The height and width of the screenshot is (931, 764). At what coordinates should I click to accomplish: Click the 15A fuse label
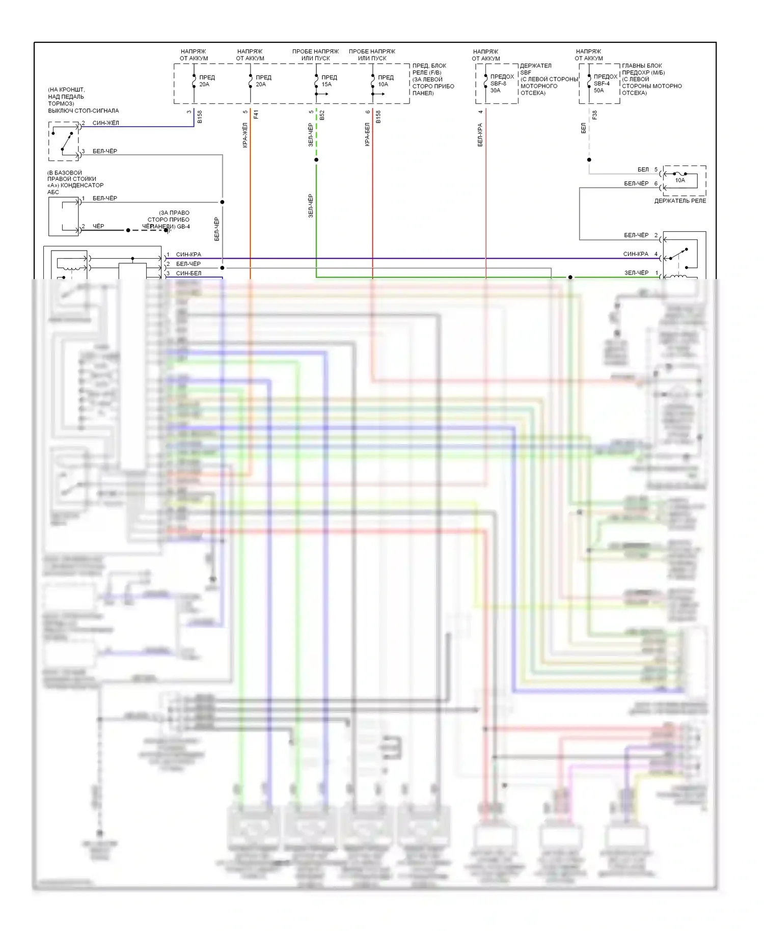[326, 85]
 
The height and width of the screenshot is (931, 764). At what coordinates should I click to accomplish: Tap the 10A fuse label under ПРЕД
[383, 85]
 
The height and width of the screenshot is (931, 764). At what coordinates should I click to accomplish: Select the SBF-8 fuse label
[498, 84]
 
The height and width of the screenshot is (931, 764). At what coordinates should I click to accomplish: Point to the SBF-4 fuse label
[602, 84]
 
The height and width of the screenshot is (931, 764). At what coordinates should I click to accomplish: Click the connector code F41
[256, 115]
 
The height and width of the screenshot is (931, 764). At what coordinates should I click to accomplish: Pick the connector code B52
[322, 115]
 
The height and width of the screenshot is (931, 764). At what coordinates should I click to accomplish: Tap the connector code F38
[595, 115]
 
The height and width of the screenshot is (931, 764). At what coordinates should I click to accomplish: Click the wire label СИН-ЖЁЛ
[105, 123]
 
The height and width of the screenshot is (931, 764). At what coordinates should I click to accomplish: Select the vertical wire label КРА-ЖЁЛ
[245, 135]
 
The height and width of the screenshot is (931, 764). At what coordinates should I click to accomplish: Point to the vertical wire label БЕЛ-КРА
[480, 135]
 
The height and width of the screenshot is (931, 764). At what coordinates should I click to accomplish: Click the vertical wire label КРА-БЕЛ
[367, 135]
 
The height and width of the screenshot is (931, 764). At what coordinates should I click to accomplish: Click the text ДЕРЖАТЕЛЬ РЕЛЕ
[680, 201]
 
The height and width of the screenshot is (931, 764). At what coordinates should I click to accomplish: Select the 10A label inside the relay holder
[680, 180]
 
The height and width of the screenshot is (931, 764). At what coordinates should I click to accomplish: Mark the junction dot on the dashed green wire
[316, 160]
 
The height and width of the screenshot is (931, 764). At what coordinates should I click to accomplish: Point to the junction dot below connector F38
[589, 160]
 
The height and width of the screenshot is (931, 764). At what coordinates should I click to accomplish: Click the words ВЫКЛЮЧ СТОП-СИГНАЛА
[84, 111]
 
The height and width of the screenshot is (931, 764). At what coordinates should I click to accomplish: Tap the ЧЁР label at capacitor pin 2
[98, 226]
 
